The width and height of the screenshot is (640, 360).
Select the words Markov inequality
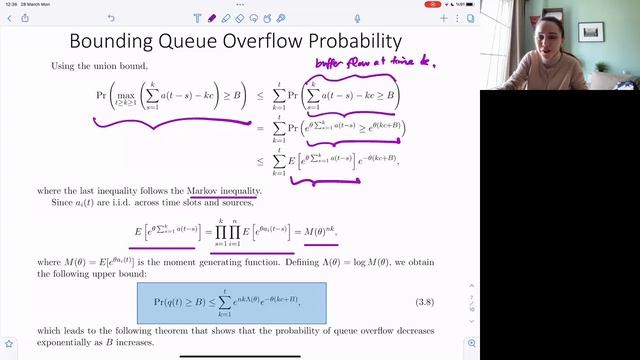tap(224, 191)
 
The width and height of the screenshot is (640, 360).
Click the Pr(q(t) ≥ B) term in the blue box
tap(190, 297)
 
